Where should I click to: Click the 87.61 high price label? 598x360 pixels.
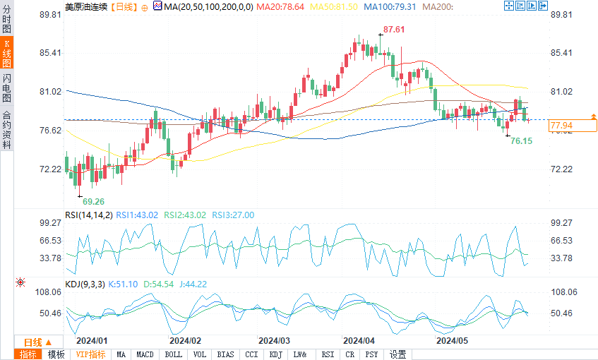(394, 30)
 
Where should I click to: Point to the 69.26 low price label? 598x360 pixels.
(93, 201)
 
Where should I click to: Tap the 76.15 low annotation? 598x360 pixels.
(521, 141)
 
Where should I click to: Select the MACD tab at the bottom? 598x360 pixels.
(145, 354)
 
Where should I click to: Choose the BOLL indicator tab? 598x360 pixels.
(173, 354)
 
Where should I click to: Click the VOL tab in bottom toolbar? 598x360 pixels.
(200, 354)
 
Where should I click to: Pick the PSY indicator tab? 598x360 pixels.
(371, 354)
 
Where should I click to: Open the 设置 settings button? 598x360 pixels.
(398, 354)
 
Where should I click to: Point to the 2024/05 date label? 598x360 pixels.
(452, 340)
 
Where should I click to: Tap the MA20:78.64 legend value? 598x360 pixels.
(280, 7)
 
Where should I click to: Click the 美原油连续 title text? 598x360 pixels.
(87, 7)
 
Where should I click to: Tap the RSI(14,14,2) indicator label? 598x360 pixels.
(88, 215)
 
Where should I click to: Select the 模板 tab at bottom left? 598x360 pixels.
(56, 354)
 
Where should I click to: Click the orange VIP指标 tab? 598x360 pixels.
(90, 354)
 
